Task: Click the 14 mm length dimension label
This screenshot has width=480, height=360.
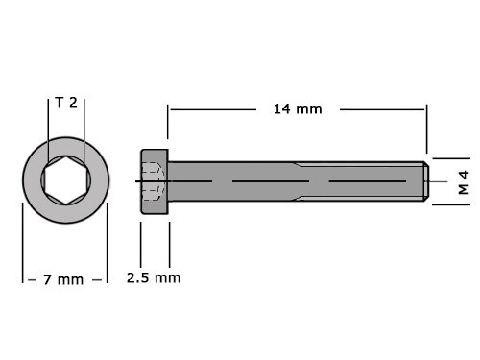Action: [x=298, y=109]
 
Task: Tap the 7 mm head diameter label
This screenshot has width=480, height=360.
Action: [x=63, y=279]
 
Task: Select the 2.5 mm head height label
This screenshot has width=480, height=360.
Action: [x=154, y=277]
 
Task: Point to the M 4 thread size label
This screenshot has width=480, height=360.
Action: [x=463, y=182]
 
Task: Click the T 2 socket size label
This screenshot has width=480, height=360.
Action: [x=66, y=103]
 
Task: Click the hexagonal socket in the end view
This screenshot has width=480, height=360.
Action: [x=66, y=180]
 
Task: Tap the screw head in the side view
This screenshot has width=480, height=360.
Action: [x=155, y=181]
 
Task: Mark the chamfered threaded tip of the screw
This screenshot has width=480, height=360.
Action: [x=426, y=181]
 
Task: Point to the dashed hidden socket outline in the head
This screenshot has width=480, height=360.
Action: [x=152, y=181]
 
